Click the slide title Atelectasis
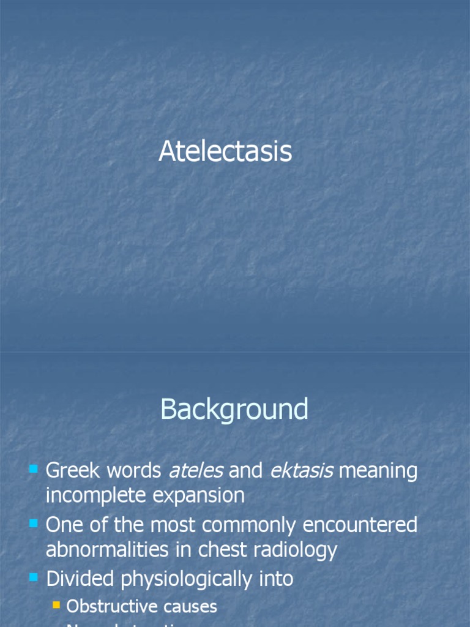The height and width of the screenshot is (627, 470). (x=225, y=151)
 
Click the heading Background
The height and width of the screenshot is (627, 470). (x=234, y=409)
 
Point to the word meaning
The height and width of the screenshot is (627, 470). (x=378, y=471)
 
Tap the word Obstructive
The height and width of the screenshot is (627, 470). (x=102, y=606)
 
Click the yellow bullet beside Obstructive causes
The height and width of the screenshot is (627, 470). (x=56, y=606)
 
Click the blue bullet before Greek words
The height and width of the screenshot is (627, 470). (x=33, y=470)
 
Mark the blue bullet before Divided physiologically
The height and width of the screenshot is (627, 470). (x=33, y=577)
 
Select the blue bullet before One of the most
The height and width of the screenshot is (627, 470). (x=33, y=524)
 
